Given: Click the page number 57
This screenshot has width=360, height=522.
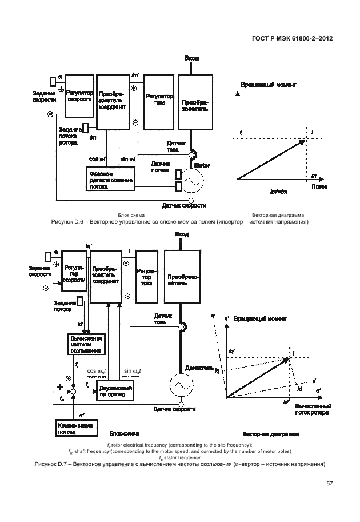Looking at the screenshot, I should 329,483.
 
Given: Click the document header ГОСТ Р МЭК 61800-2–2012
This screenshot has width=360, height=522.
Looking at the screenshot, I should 293,39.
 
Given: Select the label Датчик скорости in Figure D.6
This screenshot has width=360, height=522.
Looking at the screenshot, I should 184,205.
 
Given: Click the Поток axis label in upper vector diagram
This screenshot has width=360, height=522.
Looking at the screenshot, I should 319,186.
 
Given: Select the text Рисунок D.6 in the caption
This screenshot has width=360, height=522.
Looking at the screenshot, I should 66,221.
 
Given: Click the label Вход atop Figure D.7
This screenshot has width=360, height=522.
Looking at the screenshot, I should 182,234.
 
